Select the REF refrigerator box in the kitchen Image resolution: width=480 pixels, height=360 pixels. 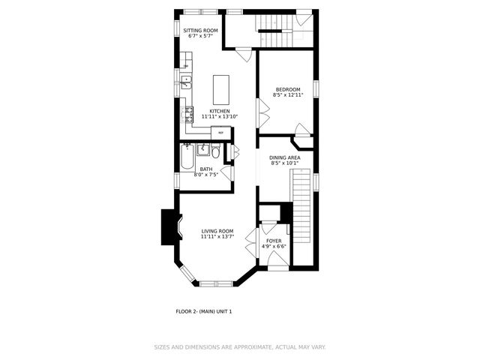pos(220,132)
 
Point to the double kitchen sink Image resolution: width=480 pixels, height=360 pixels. pos(186,82)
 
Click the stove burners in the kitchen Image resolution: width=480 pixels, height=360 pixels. pos(185,115)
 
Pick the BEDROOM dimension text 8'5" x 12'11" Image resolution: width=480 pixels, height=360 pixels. pos(287,95)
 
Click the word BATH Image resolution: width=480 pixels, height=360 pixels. pos(205,169)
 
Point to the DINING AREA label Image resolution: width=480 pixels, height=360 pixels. pos(285,157)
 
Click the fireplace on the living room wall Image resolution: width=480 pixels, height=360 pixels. pos(169,227)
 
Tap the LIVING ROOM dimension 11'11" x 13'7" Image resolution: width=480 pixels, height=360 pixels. pos(217,236)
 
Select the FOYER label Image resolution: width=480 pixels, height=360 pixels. pos(274,241)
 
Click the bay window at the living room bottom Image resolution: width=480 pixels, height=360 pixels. pos(217,283)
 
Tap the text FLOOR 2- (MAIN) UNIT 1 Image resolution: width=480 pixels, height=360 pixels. pos(204,310)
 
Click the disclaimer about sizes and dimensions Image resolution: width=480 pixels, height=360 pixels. pos(240,347)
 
